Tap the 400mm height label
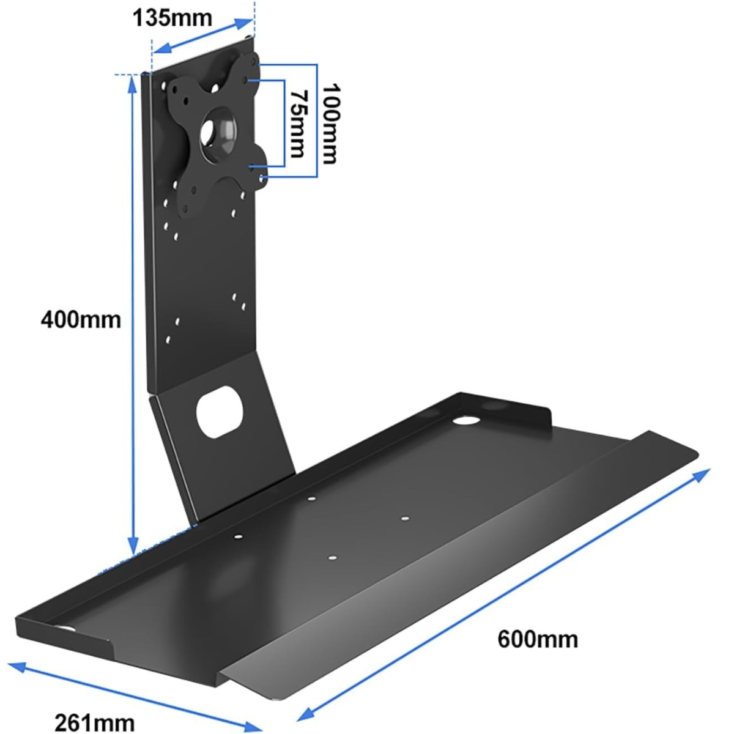(x=80, y=319)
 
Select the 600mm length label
(x=537, y=639)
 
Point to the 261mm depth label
(x=94, y=722)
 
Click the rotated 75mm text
(x=298, y=124)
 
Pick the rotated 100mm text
(x=330, y=123)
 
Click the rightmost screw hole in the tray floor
(x=404, y=519)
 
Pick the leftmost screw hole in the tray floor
(x=238, y=536)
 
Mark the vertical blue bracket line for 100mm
(x=316, y=120)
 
